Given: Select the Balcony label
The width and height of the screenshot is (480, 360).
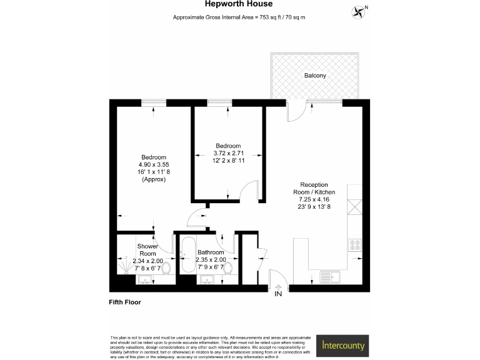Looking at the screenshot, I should click(315, 76).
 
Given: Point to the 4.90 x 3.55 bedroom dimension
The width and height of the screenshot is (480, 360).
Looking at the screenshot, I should click(154, 164).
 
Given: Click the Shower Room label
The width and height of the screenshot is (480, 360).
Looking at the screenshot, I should click(147, 249).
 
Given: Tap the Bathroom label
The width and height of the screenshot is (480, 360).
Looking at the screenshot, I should click(209, 252).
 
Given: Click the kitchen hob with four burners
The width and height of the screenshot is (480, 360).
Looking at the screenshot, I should click(354, 246).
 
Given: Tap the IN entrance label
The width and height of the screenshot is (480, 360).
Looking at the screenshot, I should click(277, 293).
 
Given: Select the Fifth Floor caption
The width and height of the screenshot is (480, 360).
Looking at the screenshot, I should click(125, 302).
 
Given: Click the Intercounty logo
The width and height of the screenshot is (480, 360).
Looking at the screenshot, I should click(344, 344).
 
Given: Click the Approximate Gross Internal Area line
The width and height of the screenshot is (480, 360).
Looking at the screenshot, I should click(239, 17).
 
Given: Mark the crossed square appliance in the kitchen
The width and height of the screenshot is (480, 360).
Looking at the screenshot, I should click(354, 206).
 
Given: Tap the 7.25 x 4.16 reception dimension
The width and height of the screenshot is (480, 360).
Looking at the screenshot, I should click(317, 200).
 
